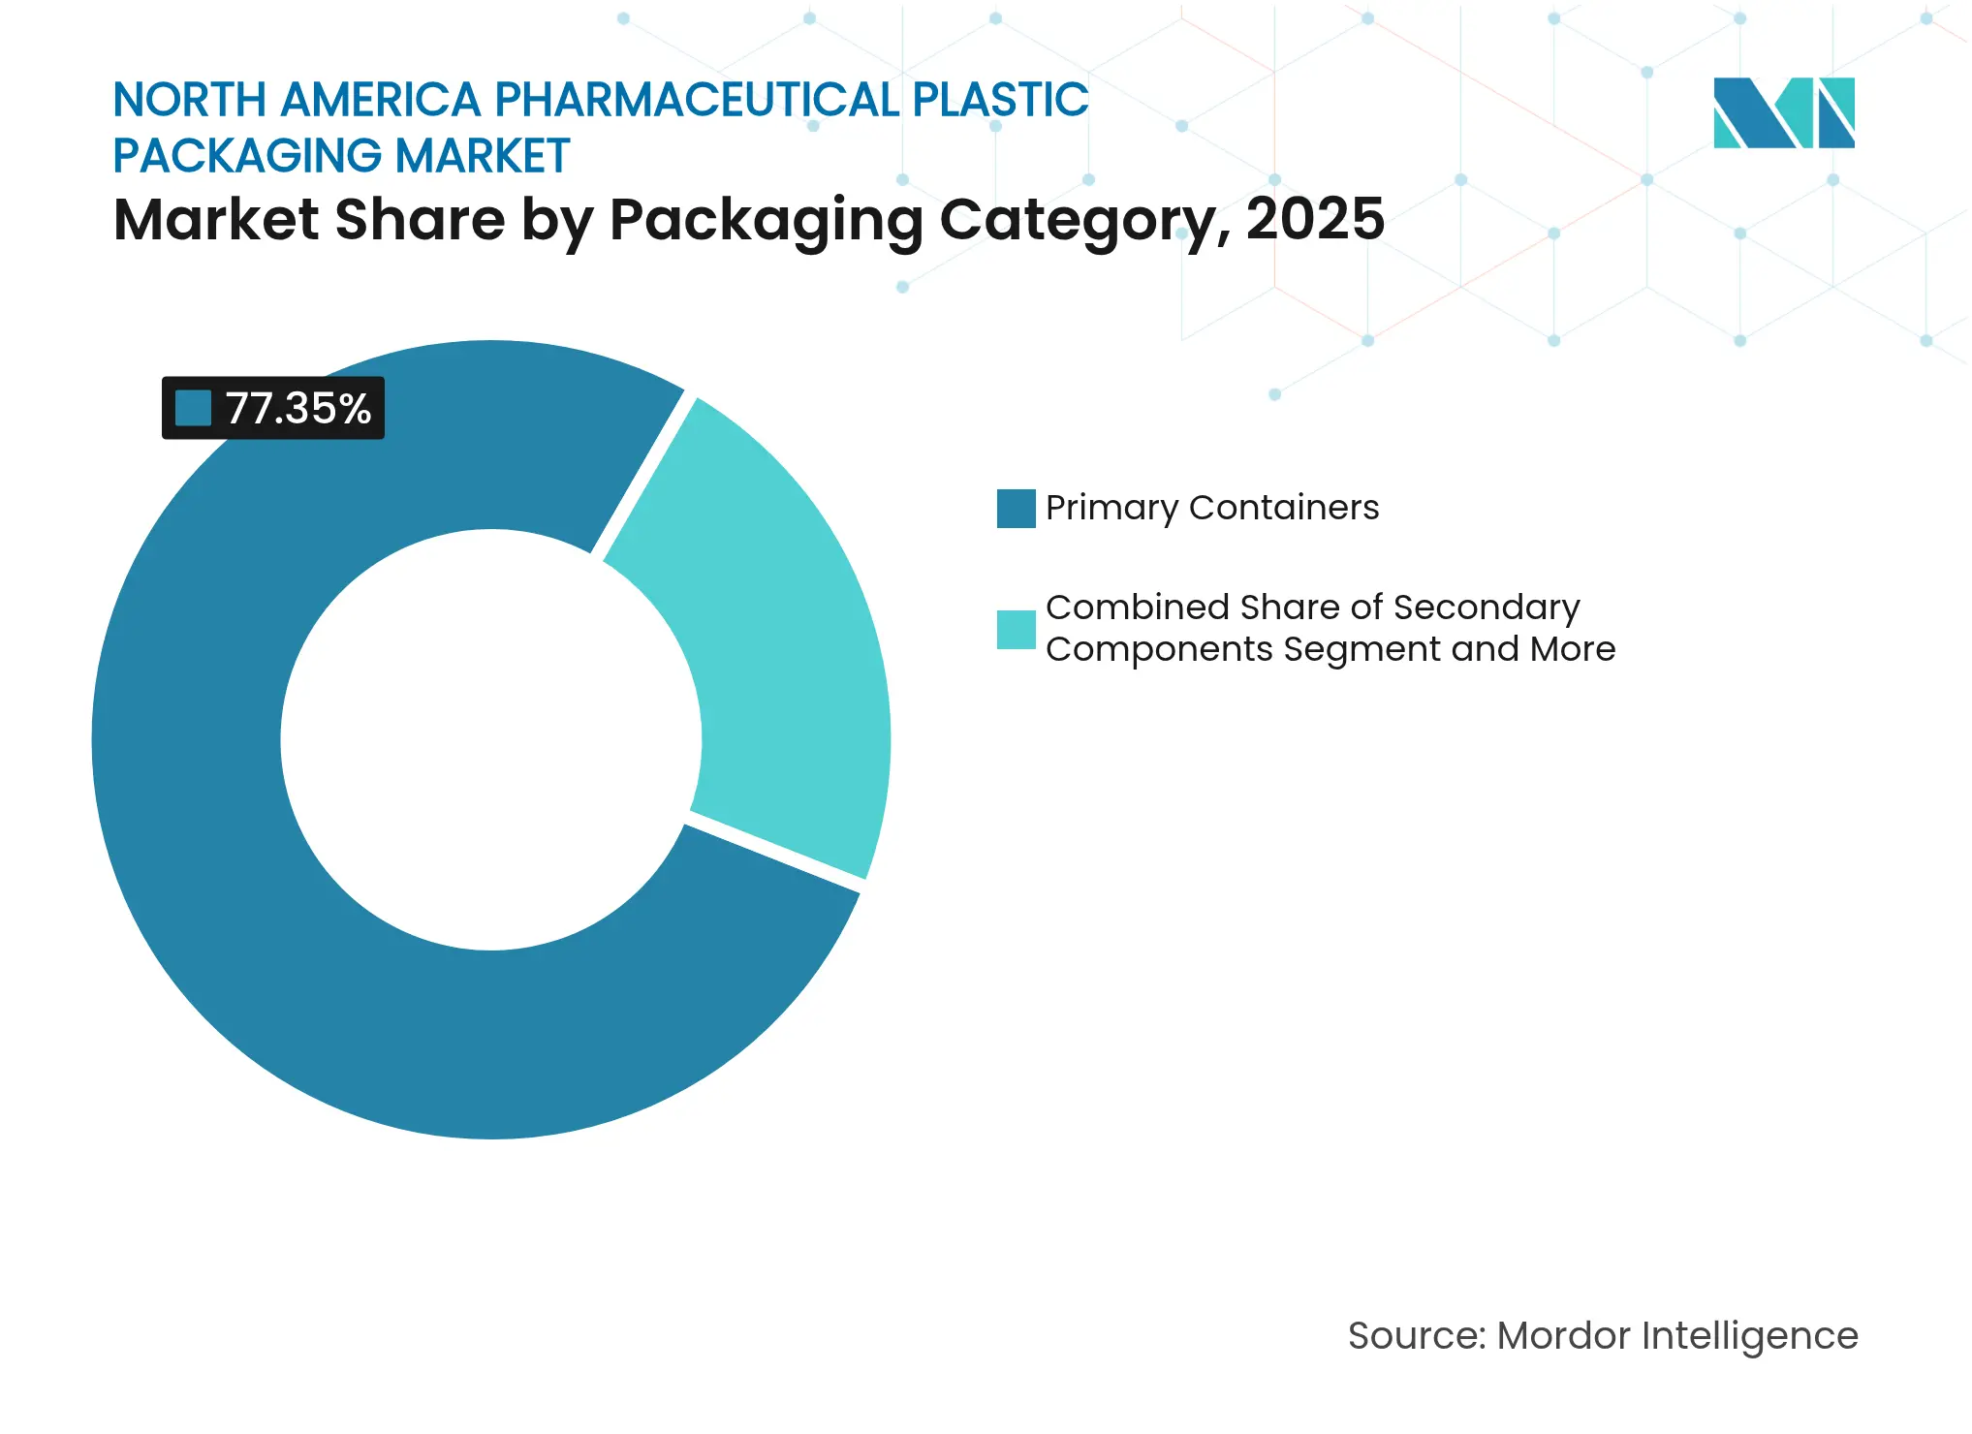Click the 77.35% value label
pos(297,409)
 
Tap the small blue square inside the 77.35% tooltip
pos(193,409)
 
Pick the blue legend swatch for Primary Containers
pos(1016,509)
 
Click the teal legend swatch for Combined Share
pos(1016,629)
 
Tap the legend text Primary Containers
pos(1211,508)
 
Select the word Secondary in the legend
pos(1487,608)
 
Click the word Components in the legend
pos(1159,649)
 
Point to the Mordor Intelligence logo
pos(1783,113)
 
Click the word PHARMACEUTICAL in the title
pos(697,100)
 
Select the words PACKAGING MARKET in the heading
pos(341,156)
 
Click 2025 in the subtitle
pos(1315,219)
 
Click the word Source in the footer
pos(1415,1336)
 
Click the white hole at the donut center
pos(490,739)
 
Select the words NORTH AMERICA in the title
pos(297,100)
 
